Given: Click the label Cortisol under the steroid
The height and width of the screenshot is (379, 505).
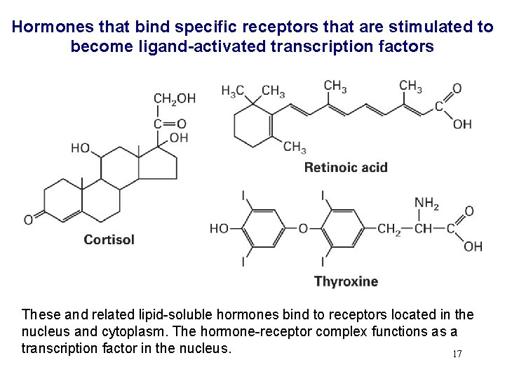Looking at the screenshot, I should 109,240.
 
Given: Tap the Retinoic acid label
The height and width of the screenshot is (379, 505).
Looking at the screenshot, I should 345,168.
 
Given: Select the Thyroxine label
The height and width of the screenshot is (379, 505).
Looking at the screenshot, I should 346,281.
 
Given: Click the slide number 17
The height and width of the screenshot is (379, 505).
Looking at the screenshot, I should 457,354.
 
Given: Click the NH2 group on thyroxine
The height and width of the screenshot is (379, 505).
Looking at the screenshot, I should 426,204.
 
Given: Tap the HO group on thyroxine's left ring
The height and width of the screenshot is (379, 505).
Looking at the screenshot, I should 220,229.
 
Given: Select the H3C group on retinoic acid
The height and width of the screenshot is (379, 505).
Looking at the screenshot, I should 232,91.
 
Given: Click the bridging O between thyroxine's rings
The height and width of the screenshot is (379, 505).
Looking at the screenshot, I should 303,229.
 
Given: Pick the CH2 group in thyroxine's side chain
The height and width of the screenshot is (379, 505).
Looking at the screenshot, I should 389,229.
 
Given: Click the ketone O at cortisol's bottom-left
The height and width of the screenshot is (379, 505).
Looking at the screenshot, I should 28,220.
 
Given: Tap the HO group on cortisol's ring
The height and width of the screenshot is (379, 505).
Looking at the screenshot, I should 80,148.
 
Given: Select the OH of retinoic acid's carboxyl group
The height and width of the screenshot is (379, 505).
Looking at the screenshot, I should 462,124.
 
